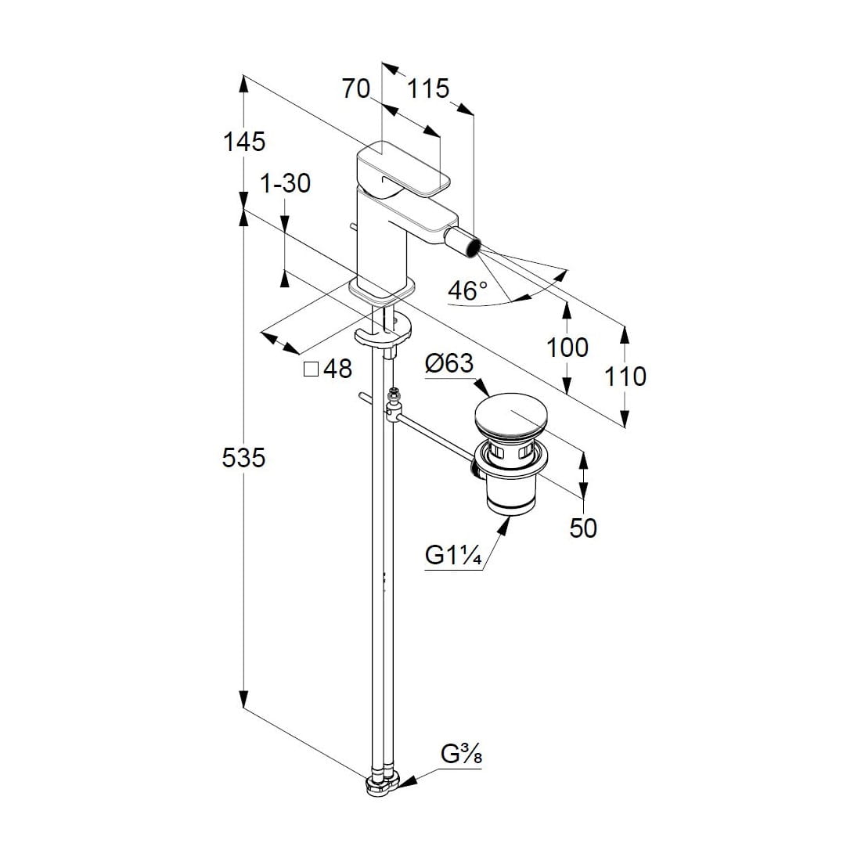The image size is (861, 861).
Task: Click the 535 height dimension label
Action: [x=243, y=457]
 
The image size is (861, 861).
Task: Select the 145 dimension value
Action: [x=244, y=142]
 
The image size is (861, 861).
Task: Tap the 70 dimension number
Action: [x=356, y=89]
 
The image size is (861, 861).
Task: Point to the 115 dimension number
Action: [x=428, y=89]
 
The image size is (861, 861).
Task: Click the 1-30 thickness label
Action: [x=285, y=183]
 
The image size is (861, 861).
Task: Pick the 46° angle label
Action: [x=467, y=290]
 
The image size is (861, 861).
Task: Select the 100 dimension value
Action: [x=567, y=347]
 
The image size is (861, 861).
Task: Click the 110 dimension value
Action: [x=625, y=376]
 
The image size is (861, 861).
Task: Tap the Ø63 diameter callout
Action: [x=449, y=364]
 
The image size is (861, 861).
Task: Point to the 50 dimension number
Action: [x=583, y=528]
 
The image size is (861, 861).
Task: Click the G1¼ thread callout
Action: [x=452, y=555]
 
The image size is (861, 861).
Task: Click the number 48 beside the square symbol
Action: [x=337, y=369]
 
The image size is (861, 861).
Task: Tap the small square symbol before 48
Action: [x=311, y=369]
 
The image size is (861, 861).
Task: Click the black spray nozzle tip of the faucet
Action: [x=470, y=244]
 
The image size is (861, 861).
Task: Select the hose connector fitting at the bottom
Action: [x=382, y=785]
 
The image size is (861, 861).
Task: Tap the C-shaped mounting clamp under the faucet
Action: [x=384, y=332]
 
